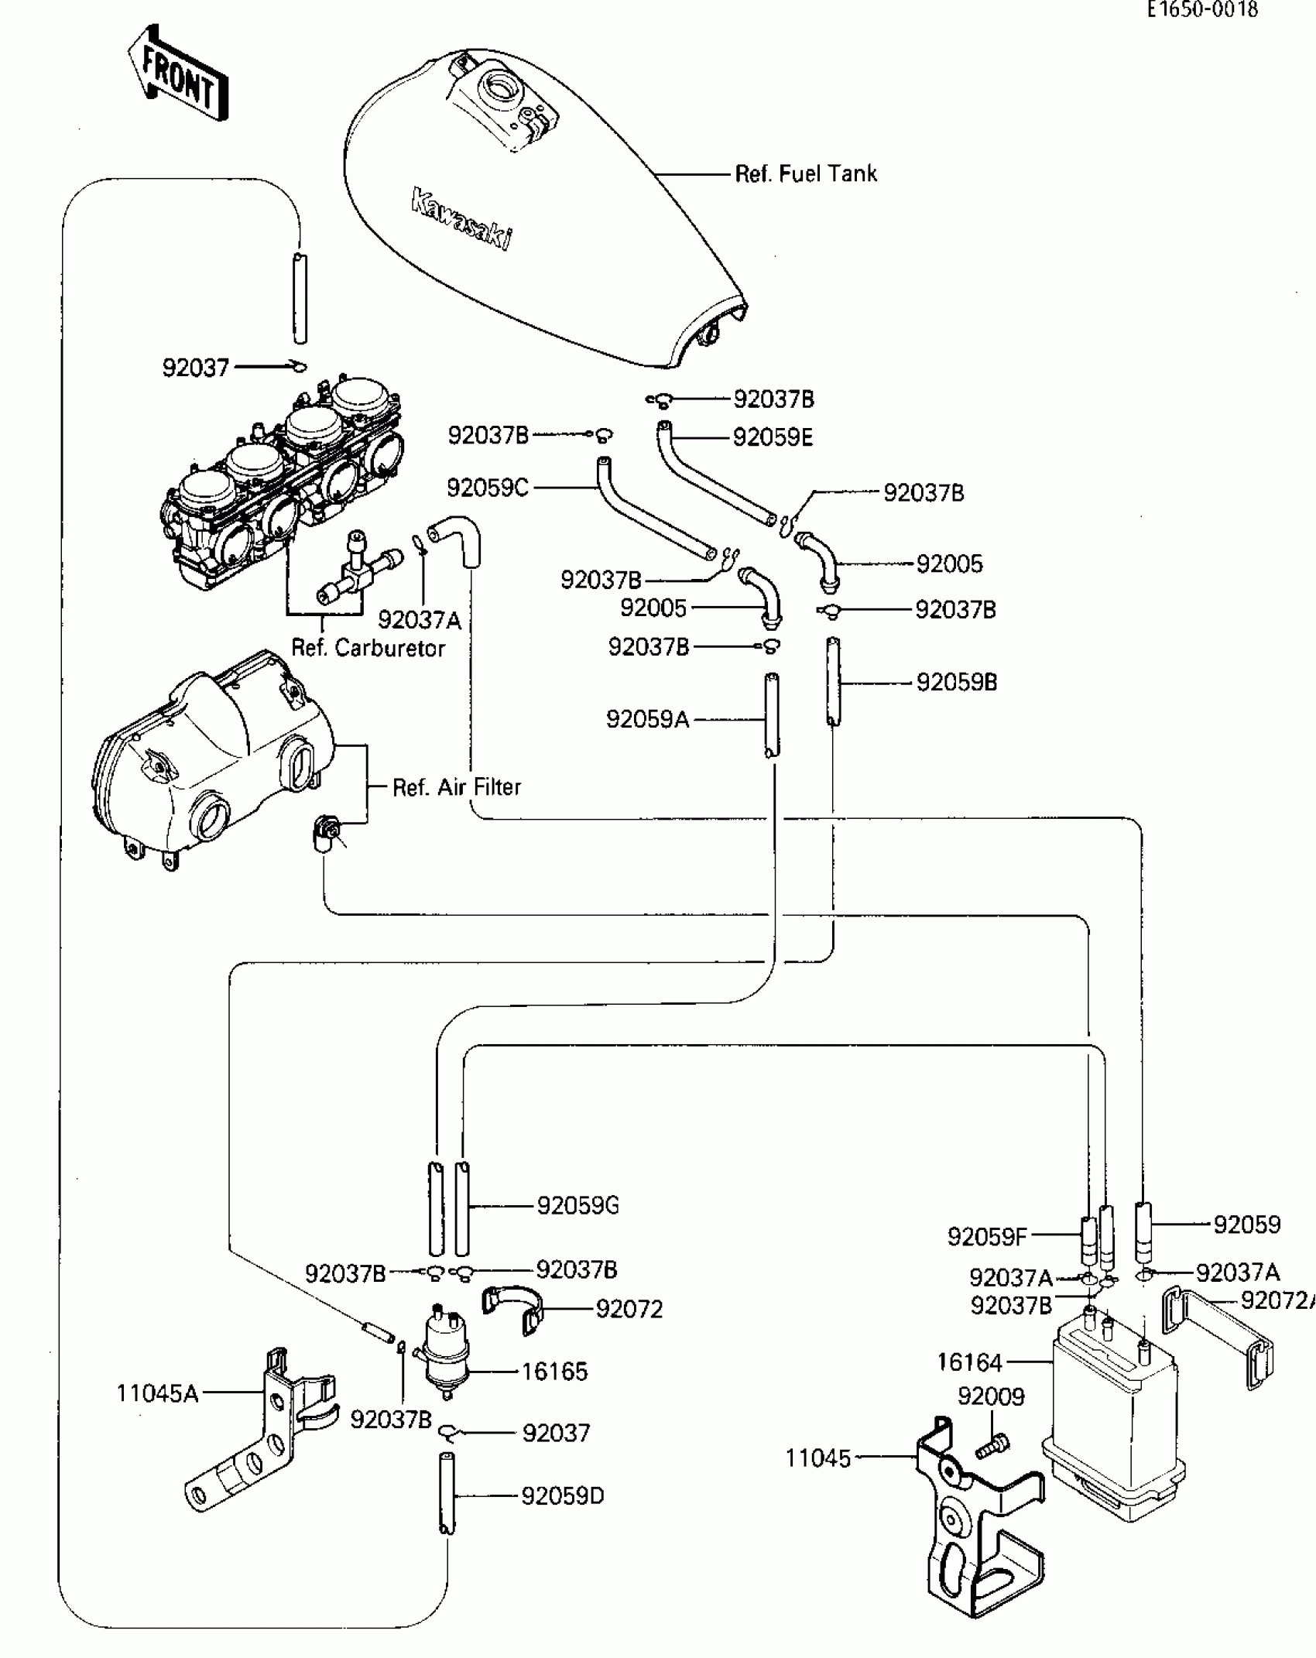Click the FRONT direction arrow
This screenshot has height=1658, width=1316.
point(178,73)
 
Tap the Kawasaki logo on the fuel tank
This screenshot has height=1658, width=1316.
point(461,219)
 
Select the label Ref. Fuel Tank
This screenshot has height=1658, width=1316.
point(806,173)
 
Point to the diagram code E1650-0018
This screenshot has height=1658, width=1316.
point(1203,9)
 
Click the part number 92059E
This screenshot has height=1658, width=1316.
point(773,437)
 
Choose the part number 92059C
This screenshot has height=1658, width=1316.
point(488,488)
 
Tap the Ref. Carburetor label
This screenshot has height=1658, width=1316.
point(368,648)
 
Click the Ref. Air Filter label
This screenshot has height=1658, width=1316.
point(457,787)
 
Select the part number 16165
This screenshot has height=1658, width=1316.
point(554,1372)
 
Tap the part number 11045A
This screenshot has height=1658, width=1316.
point(157,1394)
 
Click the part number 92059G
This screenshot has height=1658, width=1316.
point(578,1205)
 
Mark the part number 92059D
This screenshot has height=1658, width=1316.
point(563,1496)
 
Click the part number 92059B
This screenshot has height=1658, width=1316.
point(957,683)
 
